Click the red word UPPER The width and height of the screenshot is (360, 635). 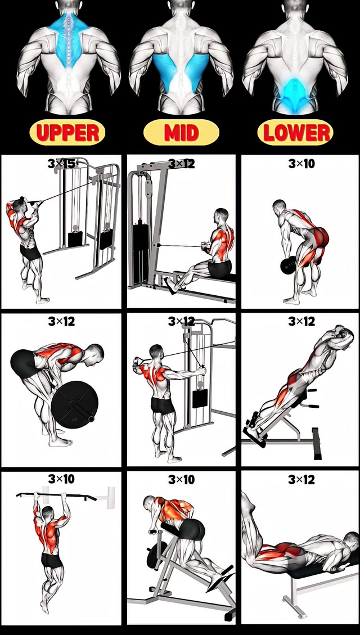point(67,133)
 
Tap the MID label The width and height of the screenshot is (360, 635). point(181,133)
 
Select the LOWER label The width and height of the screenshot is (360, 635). point(295,133)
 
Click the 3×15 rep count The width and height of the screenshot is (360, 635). point(61,164)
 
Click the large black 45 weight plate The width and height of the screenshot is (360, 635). point(76,403)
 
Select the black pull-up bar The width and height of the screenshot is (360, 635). point(56,496)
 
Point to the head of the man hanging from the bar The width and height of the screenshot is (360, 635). point(47,511)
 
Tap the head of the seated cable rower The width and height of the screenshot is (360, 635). point(222,216)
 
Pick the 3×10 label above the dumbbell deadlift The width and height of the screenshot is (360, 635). point(301,164)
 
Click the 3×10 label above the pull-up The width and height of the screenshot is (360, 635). point(61,479)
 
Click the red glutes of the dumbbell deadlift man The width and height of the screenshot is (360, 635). point(320,238)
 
